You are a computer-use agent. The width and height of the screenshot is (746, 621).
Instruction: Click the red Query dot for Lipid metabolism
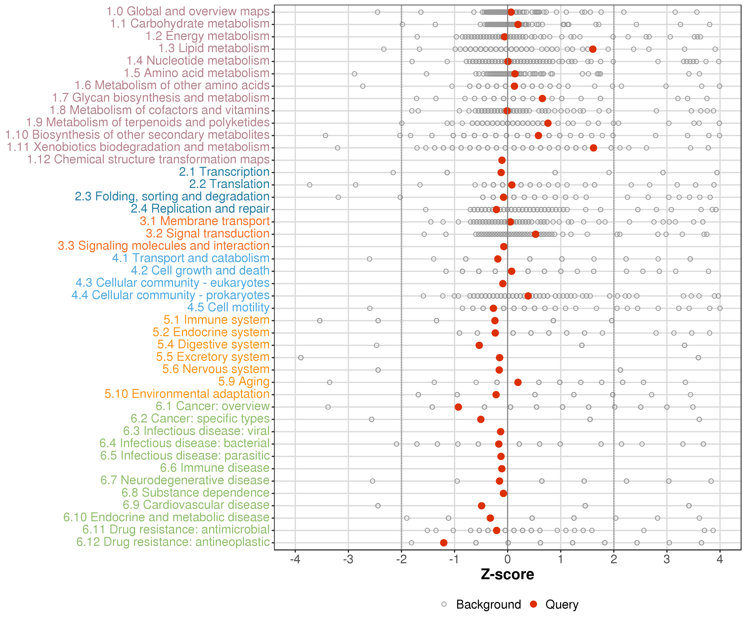pyautogui.click(x=592, y=49)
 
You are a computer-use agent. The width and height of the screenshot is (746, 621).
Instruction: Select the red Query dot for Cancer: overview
pyautogui.click(x=458, y=407)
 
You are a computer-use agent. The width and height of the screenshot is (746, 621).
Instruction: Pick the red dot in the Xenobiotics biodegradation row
pyautogui.click(x=593, y=148)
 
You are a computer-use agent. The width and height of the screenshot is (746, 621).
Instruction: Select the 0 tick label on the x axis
pyautogui.click(x=507, y=560)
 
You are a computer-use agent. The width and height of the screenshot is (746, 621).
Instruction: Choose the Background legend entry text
pyautogui.click(x=488, y=604)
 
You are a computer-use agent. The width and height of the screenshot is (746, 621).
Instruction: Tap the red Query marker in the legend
pyautogui.click(x=533, y=604)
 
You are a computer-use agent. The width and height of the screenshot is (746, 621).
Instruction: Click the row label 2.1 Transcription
pyautogui.click(x=224, y=172)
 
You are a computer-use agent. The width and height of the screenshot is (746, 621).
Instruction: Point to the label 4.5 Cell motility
pyautogui.click(x=228, y=307)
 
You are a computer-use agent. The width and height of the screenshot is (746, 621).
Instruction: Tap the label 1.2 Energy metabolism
pyautogui.click(x=207, y=36)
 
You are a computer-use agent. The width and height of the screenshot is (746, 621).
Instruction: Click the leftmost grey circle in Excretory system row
pyautogui.click(x=301, y=357)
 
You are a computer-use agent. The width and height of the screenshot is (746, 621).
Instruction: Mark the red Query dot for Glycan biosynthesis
pyautogui.click(x=542, y=98)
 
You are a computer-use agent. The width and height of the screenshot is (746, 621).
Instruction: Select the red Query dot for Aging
pyautogui.click(x=518, y=382)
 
